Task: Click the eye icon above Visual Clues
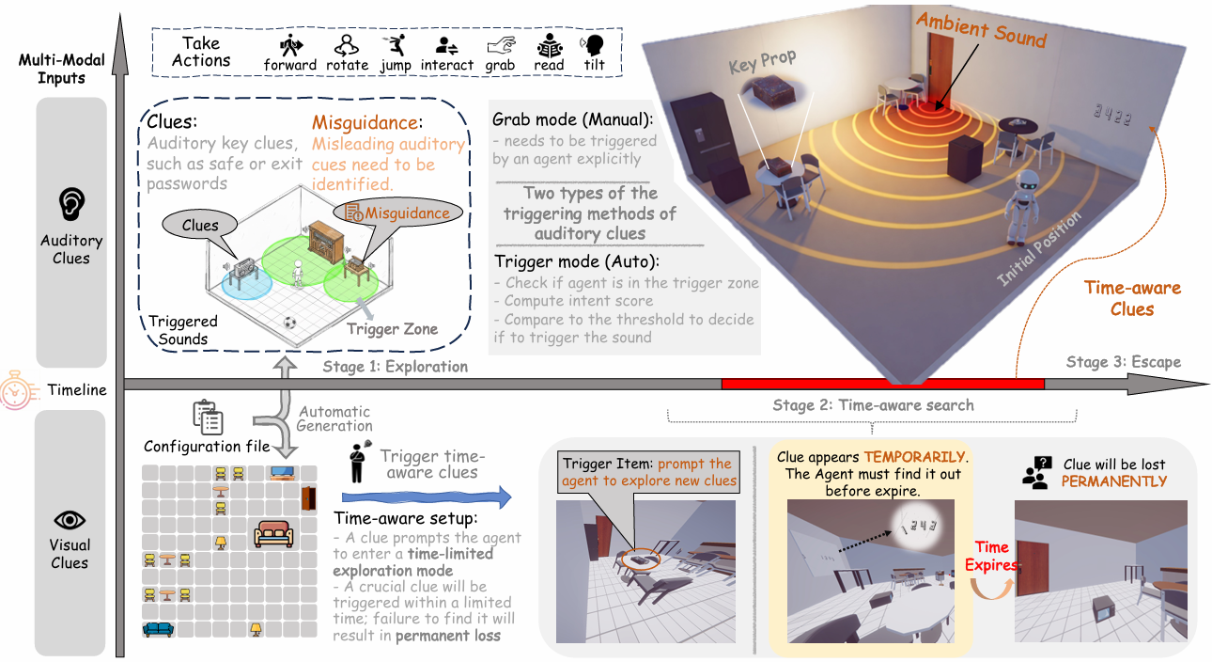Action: pyautogui.click(x=70, y=519)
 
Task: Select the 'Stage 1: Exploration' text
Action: pyautogui.click(x=395, y=367)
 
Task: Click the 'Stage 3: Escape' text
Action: pyautogui.click(x=1123, y=362)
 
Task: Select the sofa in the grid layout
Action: pyautogui.click(x=273, y=536)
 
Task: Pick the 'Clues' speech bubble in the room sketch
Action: pyautogui.click(x=200, y=225)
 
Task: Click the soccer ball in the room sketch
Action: pyautogui.click(x=289, y=323)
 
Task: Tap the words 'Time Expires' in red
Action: pyautogui.click(x=990, y=555)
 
